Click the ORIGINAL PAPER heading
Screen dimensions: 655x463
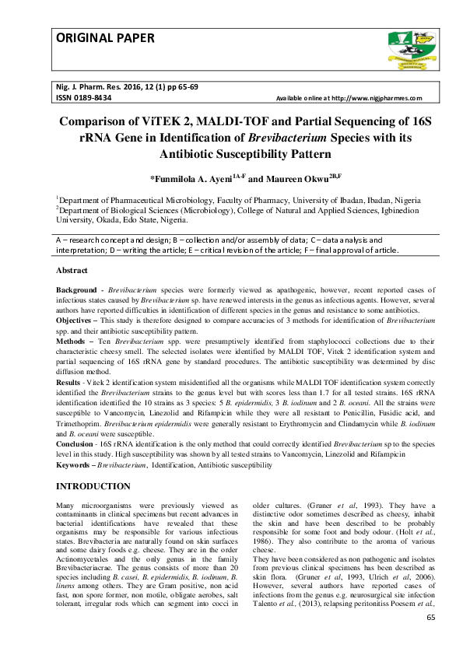(x=105, y=38)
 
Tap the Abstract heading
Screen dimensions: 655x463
(x=72, y=270)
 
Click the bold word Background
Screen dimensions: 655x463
(x=76, y=289)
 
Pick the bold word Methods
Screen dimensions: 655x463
(x=72, y=341)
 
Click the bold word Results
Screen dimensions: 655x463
(x=70, y=383)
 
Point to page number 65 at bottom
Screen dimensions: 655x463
(x=433, y=617)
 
